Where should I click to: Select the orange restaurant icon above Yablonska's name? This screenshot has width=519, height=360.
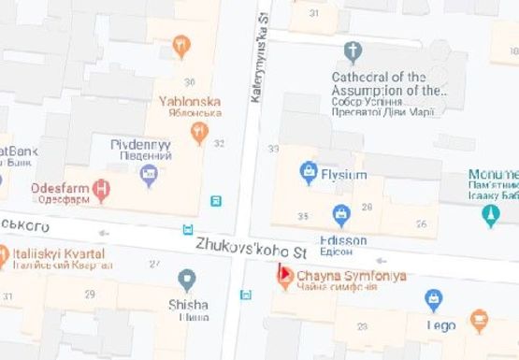pyautogui.click(x=181, y=44)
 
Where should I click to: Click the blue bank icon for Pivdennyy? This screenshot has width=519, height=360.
pyautogui.click(x=149, y=173)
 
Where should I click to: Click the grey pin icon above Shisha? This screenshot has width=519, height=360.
pyautogui.click(x=188, y=279)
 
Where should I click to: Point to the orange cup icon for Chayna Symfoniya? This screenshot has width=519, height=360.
pyautogui.click(x=285, y=281)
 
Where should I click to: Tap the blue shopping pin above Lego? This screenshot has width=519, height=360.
pyautogui.click(x=434, y=299)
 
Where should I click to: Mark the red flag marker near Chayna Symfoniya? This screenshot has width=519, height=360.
pyautogui.click(x=281, y=273)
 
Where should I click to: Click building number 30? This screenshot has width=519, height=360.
pyautogui.click(x=190, y=82)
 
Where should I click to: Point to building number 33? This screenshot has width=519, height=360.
pyautogui.click(x=274, y=149)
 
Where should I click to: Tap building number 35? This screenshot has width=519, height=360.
pyautogui.click(x=303, y=216)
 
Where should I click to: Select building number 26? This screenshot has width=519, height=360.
pyautogui.click(x=422, y=223)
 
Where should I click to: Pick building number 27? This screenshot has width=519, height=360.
pyautogui.click(x=154, y=265)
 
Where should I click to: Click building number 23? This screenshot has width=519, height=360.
pyautogui.click(x=362, y=325)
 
